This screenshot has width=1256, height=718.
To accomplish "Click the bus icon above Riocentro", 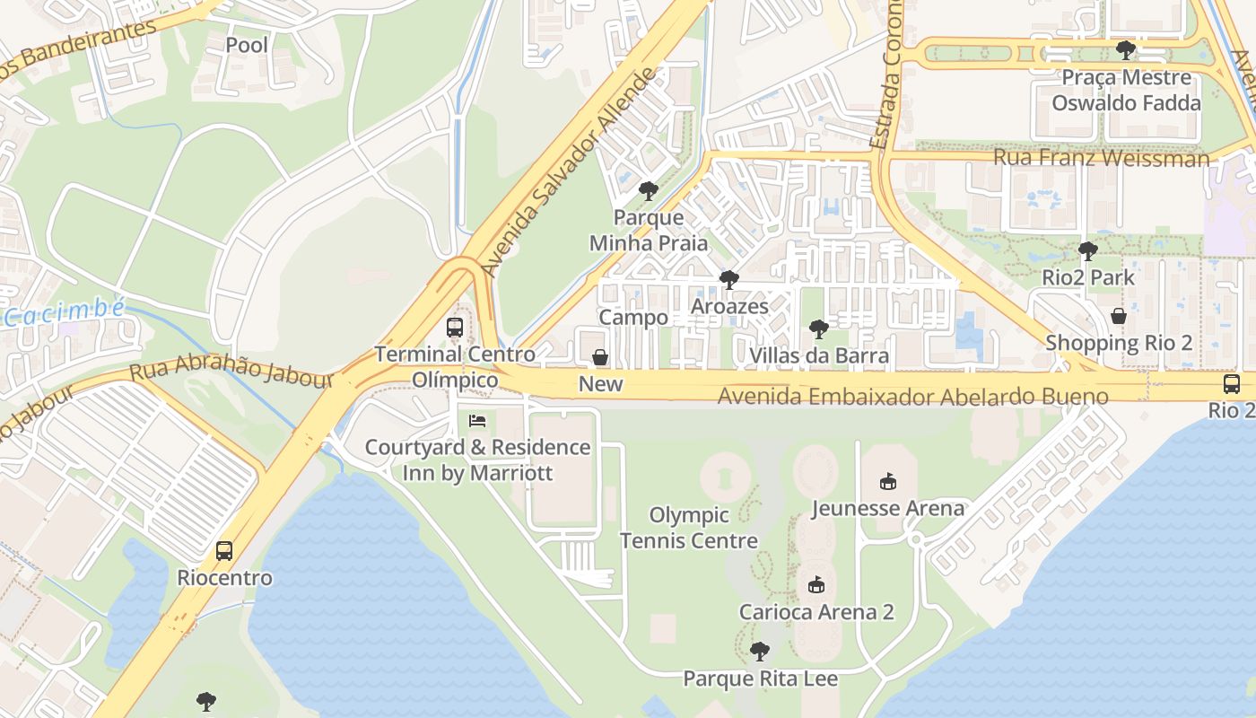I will [x=224, y=551].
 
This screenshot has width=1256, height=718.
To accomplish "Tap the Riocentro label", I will [x=224, y=577].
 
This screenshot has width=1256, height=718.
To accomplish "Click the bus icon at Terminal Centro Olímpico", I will [x=455, y=328].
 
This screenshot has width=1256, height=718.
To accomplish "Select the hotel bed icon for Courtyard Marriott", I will [x=477, y=421].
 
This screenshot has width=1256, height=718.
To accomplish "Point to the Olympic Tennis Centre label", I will [x=688, y=528].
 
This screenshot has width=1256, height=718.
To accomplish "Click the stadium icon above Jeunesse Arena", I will [x=888, y=482].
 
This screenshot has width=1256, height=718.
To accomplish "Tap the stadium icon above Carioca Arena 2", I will [x=816, y=586].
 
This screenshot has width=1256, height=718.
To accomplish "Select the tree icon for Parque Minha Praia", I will [x=648, y=191].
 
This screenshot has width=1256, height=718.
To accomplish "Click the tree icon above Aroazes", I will [x=728, y=280].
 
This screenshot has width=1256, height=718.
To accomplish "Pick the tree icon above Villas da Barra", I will [x=818, y=329].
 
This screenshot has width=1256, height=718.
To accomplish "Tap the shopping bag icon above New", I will [x=600, y=358].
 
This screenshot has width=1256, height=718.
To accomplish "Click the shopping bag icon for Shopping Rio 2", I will [x=1118, y=316].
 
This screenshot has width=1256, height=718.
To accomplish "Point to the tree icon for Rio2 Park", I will [x=1087, y=251].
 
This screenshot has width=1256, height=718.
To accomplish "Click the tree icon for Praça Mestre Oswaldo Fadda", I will [x=1125, y=50].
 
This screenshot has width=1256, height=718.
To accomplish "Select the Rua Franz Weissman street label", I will [x=1101, y=159].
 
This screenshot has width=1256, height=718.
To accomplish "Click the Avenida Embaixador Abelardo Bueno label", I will [x=913, y=397].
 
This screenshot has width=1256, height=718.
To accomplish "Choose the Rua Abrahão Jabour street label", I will [x=231, y=374].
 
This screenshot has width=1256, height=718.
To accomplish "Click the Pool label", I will [x=247, y=44].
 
